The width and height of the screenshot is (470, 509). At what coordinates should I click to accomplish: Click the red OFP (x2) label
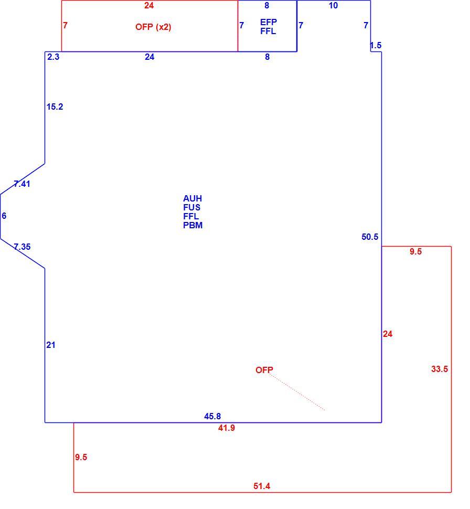(153, 27)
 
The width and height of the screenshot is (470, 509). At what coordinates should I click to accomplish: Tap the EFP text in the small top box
(269, 22)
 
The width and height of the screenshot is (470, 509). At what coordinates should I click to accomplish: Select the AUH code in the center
(193, 198)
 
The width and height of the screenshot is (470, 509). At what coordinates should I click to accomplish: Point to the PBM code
(193, 225)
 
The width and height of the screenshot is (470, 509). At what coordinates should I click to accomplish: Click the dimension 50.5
(370, 237)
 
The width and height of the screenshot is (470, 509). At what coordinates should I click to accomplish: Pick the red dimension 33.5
(440, 369)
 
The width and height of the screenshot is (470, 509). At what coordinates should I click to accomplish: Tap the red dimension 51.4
(262, 486)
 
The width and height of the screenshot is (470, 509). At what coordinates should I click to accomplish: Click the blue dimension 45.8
(212, 416)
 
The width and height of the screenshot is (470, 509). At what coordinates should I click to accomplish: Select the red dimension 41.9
(226, 428)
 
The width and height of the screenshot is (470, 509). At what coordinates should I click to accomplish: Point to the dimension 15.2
(55, 107)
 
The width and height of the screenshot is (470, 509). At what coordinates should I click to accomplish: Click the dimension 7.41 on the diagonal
(22, 184)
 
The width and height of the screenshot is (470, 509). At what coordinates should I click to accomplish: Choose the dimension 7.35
(22, 247)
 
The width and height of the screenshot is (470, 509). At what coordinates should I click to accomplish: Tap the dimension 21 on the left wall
(51, 345)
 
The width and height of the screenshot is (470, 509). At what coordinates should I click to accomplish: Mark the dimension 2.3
(53, 57)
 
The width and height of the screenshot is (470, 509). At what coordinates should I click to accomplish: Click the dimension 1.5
(376, 46)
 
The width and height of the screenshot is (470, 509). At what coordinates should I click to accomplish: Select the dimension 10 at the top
(333, 6)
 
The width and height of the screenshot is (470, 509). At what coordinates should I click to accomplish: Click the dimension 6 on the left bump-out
(4, 216)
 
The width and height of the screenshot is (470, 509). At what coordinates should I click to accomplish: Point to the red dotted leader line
(297, 392)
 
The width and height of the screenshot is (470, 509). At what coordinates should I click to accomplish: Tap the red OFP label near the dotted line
(264, 370)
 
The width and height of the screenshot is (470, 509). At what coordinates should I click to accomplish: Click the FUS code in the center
(191, 207)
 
